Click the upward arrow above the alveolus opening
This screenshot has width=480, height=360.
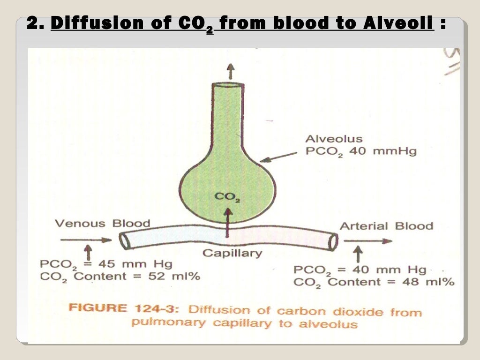pos(230,71)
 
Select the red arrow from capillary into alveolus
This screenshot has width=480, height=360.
pos(228,222)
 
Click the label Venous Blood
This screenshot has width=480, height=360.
pos(102,223)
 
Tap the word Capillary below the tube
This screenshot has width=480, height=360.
pos(232,254)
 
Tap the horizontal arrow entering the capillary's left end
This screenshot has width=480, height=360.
pos(86,240)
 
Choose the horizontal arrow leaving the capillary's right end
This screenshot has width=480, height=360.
pos(367,241)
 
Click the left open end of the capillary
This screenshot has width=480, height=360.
pos(124,241)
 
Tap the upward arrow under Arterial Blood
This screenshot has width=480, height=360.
pos(358,255)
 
